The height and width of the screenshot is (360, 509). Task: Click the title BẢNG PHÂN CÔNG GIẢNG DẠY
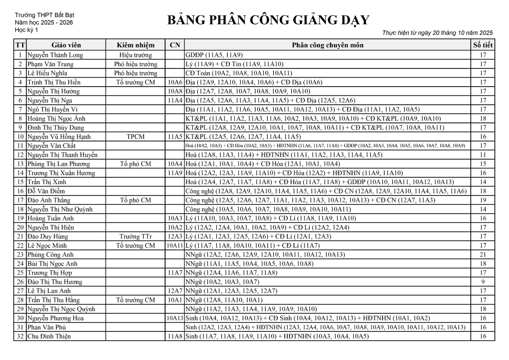(x=268, y=20)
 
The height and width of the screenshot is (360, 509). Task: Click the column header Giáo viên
(x=66, y=45)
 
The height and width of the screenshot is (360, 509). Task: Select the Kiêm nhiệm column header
(x=135, y=45)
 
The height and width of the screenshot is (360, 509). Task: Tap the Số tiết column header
(x=483, y=45)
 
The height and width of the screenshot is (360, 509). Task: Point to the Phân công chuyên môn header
(x=327, y=45)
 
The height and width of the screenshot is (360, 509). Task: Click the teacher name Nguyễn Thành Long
(x=55, y=55)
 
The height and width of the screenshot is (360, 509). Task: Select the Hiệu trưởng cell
(x=135, y=55)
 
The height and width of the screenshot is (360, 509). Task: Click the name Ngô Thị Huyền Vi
(x=52, y=109)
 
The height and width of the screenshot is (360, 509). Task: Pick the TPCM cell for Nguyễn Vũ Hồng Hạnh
(x=135, y=137)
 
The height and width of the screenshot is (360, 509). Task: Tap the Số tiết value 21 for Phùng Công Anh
(x=483, y=254)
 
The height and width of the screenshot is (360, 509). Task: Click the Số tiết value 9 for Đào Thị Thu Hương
(x=483, y=282)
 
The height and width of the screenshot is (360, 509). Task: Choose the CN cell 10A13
(x=175, y=318)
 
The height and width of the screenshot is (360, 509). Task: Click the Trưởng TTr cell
(x=135, y=236)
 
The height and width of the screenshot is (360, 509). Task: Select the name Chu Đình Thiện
(x=49, y=336)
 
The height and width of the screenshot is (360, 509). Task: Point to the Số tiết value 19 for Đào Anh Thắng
(x=483, y=200)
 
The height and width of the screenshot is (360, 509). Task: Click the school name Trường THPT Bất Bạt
(x=44, y=15)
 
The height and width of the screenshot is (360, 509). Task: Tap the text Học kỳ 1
(x=26, y=30)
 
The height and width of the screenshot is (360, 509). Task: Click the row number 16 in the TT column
(x=20, y=191)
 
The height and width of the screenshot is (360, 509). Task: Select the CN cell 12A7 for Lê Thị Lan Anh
(x=175, y=291)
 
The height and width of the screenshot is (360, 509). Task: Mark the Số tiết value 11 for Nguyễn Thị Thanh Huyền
(x=483, y=155)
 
